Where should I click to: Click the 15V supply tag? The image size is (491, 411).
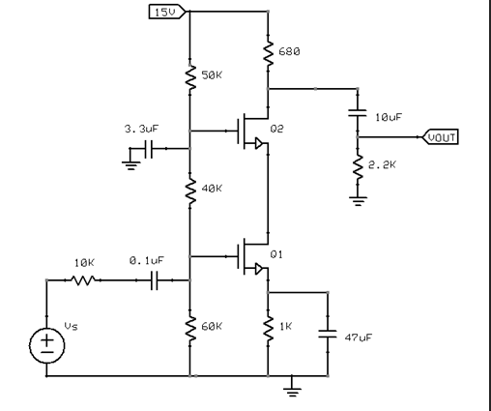coord(165,12)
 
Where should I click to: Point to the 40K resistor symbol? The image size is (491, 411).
coord(189,189)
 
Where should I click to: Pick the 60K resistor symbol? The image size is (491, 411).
coord(189,328)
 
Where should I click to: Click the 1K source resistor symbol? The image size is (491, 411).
coord(267,328)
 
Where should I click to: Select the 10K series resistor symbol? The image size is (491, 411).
coord(83,280)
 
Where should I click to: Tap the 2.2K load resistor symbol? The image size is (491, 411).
coord(359,167)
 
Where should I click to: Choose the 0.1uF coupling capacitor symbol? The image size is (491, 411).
coord(151,280)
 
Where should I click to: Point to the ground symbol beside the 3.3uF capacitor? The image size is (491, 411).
coord(130,163)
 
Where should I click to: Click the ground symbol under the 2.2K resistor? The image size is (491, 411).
coord(359,201)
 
